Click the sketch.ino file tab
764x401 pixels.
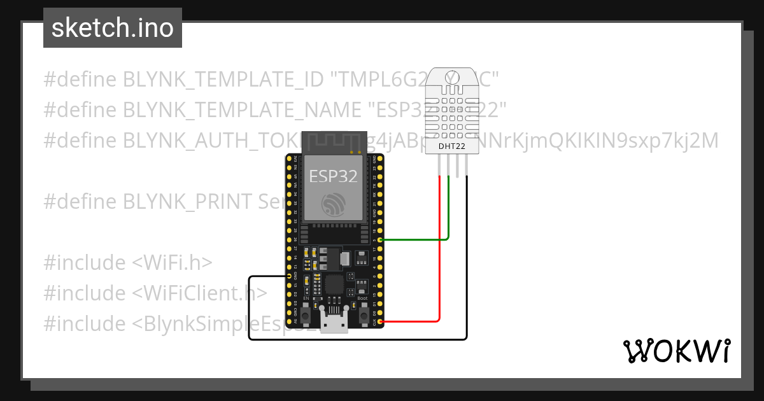[x=112, y=28]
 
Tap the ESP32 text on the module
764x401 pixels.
[x=332, y=176]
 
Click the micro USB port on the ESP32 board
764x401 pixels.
[x=334, y=324]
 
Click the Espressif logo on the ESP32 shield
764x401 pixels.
[x=332, y=204]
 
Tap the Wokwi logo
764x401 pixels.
[x=676, y=351]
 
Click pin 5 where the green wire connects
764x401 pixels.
[x=380, y=240]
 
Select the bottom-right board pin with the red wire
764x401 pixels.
[x=380, y=322]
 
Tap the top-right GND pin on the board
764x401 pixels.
[x=380, y=158]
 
